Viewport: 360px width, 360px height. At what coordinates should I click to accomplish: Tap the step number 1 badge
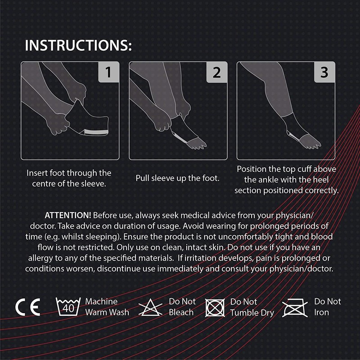108,72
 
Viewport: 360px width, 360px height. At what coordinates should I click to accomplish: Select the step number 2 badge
216,72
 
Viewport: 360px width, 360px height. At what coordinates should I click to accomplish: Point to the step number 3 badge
324,72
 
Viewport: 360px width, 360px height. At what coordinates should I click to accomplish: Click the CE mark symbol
28,307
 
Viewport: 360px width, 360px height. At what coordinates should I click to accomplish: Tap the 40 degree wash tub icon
68,307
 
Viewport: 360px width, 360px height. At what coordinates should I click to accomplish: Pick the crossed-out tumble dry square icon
215,308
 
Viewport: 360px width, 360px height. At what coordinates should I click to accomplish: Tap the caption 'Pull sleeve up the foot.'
178,178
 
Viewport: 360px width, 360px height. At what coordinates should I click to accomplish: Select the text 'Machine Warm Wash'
107,306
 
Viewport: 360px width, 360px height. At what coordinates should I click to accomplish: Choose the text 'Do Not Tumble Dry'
252,307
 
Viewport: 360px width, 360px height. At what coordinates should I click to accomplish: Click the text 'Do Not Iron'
328,306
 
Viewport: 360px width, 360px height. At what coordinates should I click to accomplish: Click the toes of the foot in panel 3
313,143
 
